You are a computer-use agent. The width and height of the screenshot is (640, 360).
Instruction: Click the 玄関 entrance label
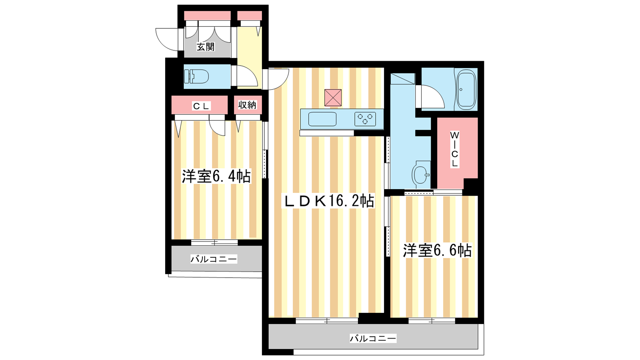(x=206, y=46)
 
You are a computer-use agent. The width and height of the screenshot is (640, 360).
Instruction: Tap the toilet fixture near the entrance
(x=196, y=76)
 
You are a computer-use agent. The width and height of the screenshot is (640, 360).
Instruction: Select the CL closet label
(x=202, y=106)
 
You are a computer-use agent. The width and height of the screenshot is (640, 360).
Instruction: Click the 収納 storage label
(x=248, y=105)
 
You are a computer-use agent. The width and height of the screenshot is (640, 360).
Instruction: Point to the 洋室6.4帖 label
(x=216, y=176)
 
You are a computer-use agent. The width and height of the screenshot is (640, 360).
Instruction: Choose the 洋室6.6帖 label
(x=437, y=250)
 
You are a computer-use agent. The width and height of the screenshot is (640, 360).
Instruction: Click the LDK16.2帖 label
(x=328, y=201)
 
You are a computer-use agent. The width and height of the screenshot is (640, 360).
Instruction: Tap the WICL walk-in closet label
(x=454, y=149)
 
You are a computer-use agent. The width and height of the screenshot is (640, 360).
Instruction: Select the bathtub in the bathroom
(x=466, y=89)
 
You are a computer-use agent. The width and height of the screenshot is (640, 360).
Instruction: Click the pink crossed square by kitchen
(x=333, y=98)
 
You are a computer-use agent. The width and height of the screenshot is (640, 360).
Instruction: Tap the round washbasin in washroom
(x=420, y=174)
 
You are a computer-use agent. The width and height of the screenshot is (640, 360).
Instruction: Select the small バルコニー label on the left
(x=214, y=259)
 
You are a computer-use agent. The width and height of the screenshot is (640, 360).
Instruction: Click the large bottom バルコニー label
(x=373, y=338)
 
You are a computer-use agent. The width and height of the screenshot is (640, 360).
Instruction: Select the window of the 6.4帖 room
(x=214, y=242)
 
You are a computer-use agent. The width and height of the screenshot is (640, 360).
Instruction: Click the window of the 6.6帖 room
(x=432, y=321)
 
